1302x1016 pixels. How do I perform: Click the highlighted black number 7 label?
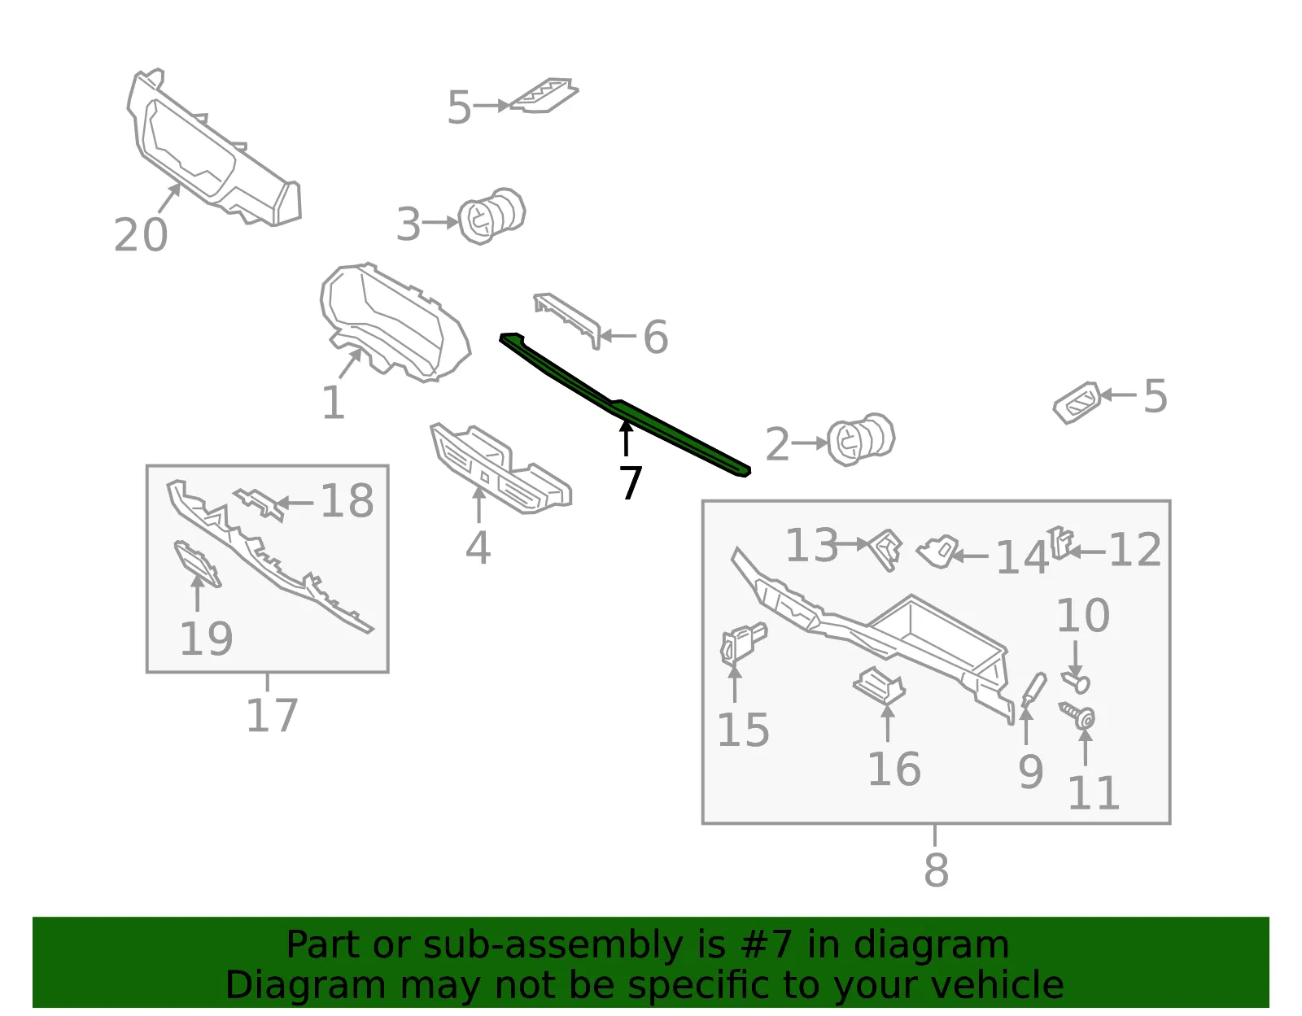point(631,482)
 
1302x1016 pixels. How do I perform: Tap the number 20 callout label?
point(141,235)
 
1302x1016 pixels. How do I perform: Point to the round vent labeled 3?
point(492,216)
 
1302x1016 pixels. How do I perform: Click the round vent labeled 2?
point(861,438)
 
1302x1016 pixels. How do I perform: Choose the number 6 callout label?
point(656,337)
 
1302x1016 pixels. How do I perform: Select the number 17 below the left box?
point(272,715)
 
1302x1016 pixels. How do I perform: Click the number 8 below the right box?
point(936,870)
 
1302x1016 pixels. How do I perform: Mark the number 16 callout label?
point(894,769)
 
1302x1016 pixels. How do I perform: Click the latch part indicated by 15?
point(743,644)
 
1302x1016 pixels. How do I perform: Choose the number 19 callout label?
point(206,639)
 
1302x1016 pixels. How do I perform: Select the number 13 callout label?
point(811,545)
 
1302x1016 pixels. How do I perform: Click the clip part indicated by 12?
point(1060,543)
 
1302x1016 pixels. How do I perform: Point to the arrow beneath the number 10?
point(1076,659)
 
